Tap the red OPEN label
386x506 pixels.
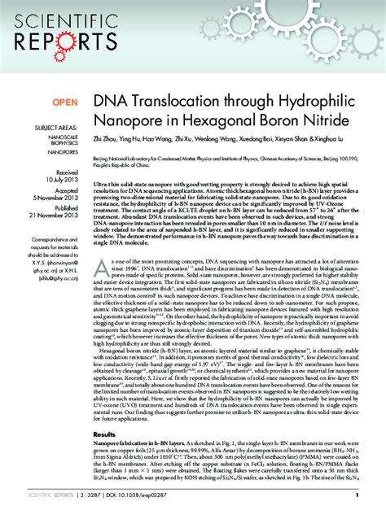click(66, 103)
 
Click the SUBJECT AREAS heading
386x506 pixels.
click(56, 129)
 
